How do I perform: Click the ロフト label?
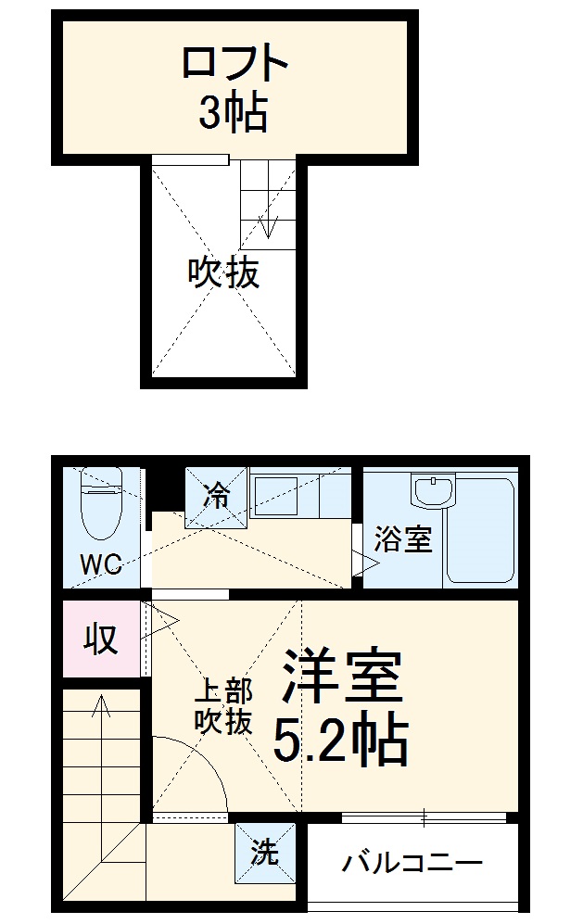pos(234,66)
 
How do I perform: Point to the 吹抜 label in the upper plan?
pos(223,273)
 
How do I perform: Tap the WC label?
pos(101,564)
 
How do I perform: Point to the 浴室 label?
pos(403,539)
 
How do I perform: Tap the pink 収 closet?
pos(101,639)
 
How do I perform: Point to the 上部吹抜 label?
pos(223,706)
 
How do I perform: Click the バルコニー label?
pos(412,865)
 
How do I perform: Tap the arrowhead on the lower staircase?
pos(99,706)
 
